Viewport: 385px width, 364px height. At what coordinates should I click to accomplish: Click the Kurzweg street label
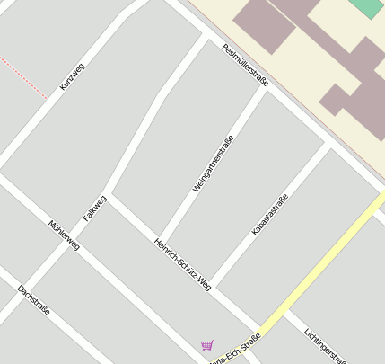[72, 76]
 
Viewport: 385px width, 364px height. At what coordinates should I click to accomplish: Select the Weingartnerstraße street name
[214, 164]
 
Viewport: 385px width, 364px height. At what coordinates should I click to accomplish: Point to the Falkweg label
[94, 209]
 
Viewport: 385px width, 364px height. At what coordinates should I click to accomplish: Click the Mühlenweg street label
[65, 235]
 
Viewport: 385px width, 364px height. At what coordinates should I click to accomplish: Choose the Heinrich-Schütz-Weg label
[183, 264]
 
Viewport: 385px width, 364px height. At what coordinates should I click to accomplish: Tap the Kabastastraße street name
[270, 216]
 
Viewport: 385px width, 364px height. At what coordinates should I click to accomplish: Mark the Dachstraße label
[33, 300]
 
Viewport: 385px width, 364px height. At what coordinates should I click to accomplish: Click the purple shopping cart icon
[207, 345]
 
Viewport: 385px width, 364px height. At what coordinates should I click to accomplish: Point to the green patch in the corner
[366, 7]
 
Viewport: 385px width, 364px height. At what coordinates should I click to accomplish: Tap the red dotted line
[22, 75]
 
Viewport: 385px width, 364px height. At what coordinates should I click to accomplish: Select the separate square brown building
[264, 26]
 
